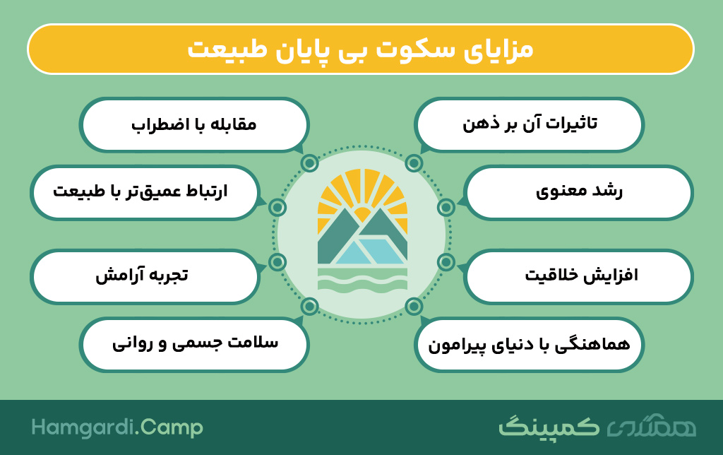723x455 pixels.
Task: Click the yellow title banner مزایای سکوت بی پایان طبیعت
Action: (x=361, y=49)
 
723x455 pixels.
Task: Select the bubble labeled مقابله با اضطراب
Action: (x=194, y=124)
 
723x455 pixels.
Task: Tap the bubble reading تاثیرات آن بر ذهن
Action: (x=529, y=124)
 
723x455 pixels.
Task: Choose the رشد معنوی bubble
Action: (x=578, y=192)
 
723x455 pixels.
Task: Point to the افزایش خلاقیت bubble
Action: (x=578, y=276)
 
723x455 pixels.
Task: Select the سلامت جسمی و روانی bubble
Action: (x=194, y=344)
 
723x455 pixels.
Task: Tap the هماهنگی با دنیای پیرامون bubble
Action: (x=529, y=344)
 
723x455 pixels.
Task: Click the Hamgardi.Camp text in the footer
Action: (x=117, y=427)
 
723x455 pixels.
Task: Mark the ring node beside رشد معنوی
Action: (x=446, y=208)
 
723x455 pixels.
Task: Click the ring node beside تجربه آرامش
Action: (x=277, y=262)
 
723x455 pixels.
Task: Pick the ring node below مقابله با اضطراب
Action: (x=309, y=163)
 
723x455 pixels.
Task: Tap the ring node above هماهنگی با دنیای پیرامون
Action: (x=414, y=306)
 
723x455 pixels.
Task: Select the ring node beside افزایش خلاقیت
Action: (x=446, y=262)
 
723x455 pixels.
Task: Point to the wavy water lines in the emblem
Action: (x=362, y=280)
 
